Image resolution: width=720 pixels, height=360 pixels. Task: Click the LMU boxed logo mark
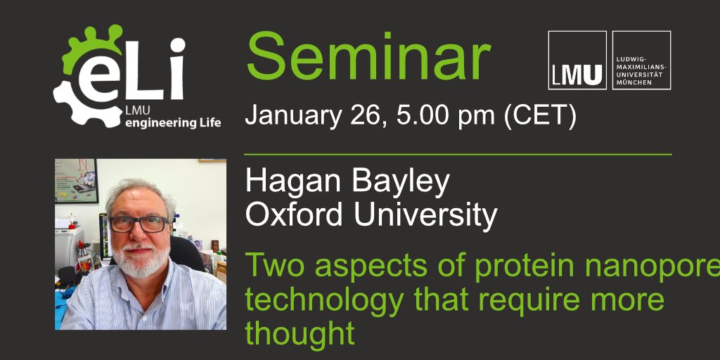[577, 60]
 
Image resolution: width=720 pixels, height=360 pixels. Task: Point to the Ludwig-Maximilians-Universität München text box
[641, 60]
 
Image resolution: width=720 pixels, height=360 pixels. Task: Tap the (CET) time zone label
[536, 116]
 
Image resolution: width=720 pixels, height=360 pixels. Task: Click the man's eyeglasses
[139, 224]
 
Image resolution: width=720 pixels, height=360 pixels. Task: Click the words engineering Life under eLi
[172, 123]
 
